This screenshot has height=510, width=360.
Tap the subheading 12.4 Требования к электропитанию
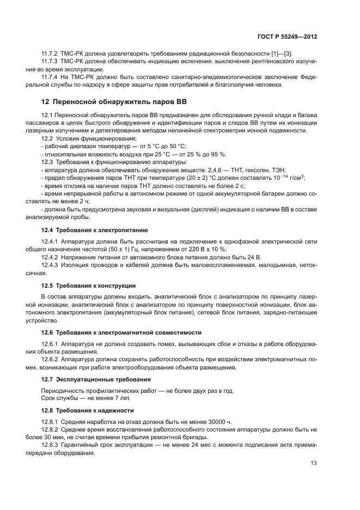coord(94,230)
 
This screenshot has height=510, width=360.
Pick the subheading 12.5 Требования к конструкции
coord(88,286)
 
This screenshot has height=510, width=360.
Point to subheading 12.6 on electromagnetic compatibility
coord(121,332)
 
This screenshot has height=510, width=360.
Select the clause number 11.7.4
coord(50,77)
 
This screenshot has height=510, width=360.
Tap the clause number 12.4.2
coord(50,257)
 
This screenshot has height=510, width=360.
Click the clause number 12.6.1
coord(50,344)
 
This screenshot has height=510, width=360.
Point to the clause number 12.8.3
coord(50,445)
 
